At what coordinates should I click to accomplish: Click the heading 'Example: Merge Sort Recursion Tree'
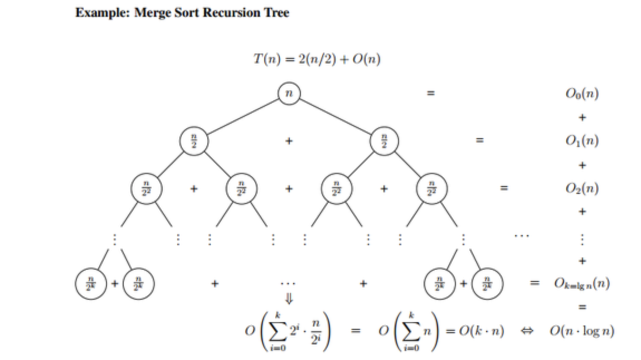click(182, 13)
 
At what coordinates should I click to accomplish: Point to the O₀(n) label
click(582, 94)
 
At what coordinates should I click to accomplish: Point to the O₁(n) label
click(582, 141)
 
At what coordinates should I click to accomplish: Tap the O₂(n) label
click(582, 188)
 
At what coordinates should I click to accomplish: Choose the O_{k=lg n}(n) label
click(582, 284)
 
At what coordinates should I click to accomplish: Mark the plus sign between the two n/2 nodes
click(289, 141)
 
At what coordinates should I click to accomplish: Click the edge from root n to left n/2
click(240, 117)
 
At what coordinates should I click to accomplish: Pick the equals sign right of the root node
click(429, 94)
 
